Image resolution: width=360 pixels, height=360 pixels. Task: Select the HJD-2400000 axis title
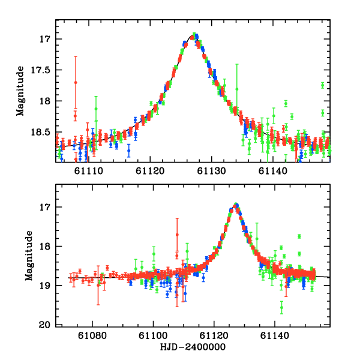(x=193, y=347)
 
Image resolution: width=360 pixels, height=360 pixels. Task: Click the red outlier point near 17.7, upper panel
(x=76, y=82)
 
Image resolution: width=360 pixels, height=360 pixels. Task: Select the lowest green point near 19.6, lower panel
(x=281, y=308)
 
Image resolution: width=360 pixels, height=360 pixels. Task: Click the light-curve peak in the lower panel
(x=236, y=205)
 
